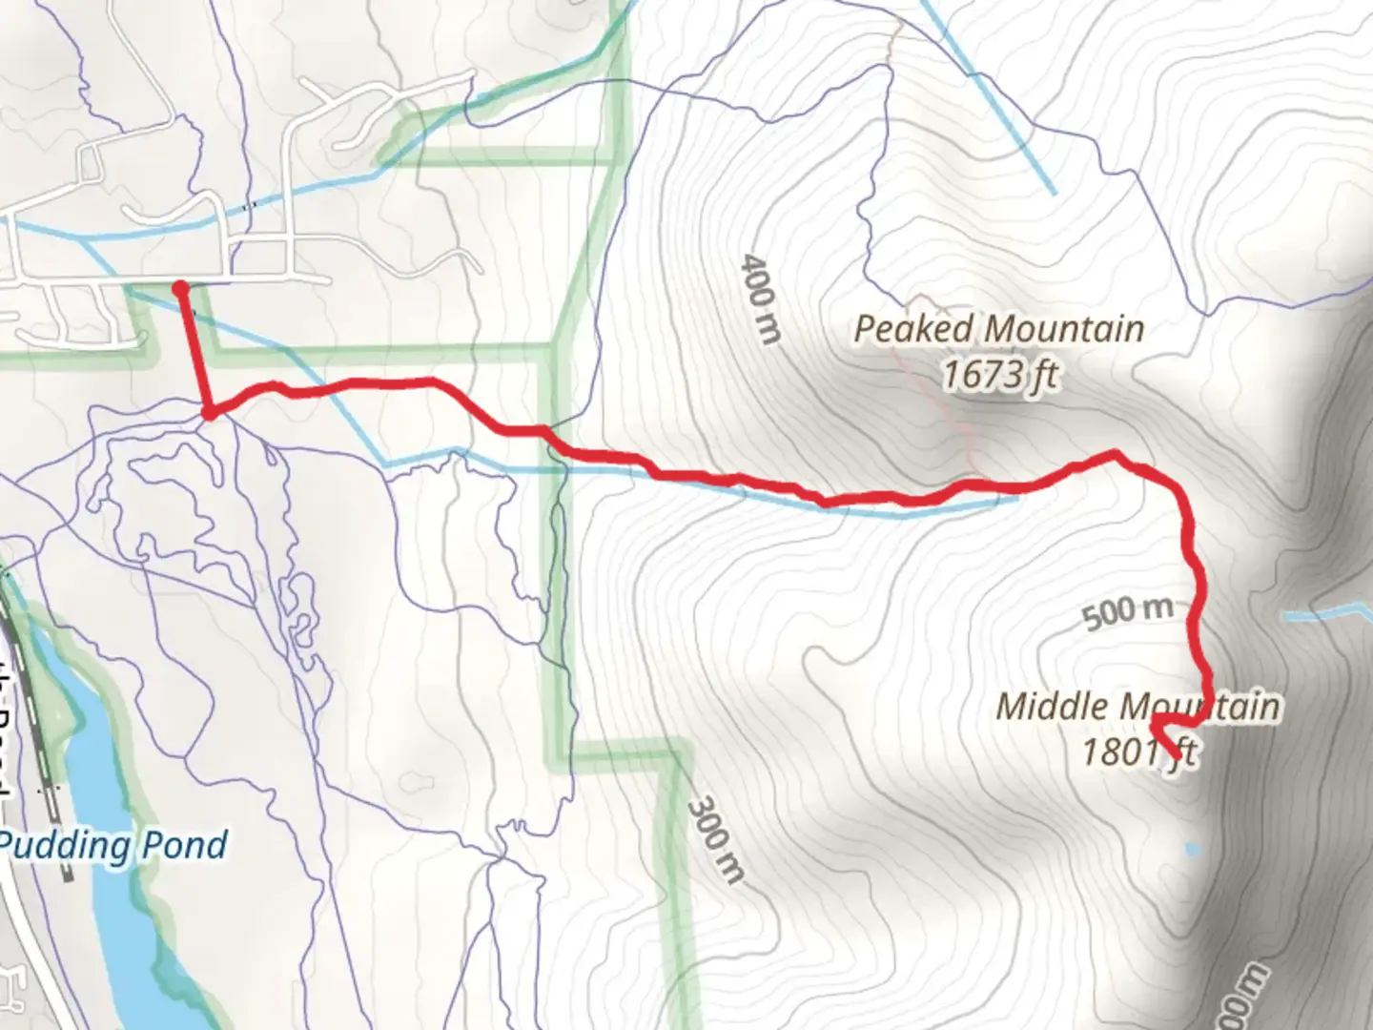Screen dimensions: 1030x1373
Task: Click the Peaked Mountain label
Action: [998, 329]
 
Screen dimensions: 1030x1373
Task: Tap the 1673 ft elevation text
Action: [999, 375]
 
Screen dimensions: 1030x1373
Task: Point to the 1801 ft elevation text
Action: [1137, 752]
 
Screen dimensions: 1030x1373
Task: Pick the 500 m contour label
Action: [1127, 612]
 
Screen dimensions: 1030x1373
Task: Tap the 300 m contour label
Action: [716, 839]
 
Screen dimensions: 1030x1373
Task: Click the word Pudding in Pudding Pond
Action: [63, 845]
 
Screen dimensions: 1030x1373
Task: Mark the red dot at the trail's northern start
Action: [180, 286]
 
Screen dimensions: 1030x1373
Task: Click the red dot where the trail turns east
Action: [209, 412]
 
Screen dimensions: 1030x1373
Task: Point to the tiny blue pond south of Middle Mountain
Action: [1190, 848]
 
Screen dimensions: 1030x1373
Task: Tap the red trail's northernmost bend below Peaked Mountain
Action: [1113, 455]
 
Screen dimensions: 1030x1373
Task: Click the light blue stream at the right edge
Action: [1330, 614]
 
